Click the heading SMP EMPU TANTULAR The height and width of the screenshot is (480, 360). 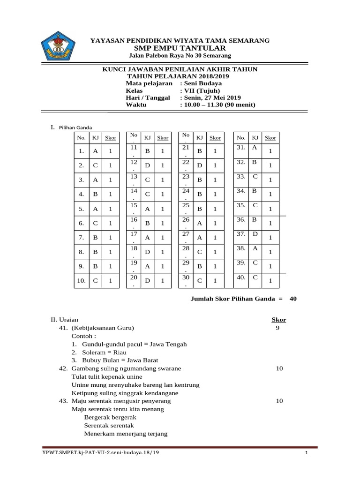[180, 48]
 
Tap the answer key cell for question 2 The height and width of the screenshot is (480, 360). [95, 165]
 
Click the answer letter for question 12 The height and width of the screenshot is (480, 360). [147, 165]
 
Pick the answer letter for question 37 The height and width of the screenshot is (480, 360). [255, 233]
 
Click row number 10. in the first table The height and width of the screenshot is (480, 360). [81, 280]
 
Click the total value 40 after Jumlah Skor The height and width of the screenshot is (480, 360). [293, 299]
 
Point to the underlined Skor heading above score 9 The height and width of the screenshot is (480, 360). [279, 320]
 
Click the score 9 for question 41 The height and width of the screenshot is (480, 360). [277, 328]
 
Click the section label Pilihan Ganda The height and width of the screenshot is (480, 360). [75, 127]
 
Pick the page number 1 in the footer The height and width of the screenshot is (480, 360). [306, 453]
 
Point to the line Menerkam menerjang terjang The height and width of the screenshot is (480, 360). [125, 434]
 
